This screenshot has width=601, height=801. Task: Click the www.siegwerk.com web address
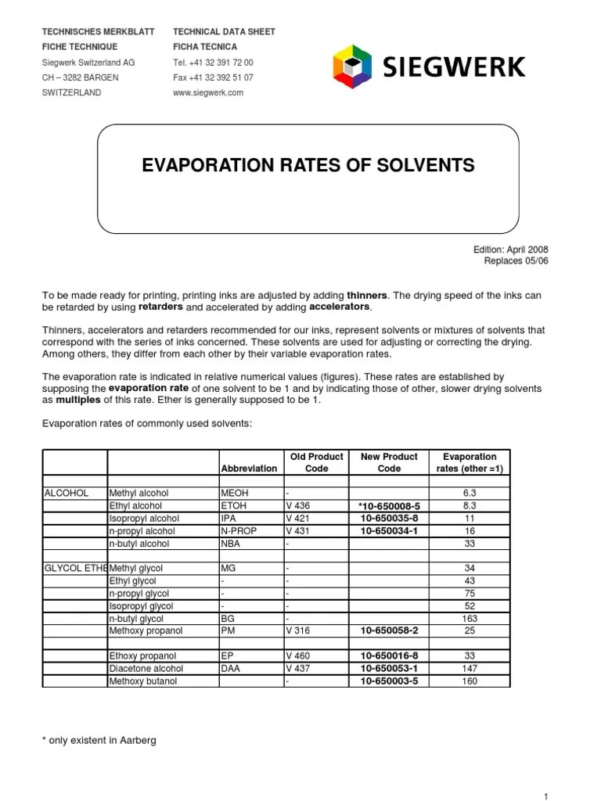[208, 92]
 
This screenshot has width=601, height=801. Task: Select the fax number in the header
[213, 77]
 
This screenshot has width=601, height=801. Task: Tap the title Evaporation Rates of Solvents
[308, 165]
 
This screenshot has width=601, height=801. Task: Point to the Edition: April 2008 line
[510, 250]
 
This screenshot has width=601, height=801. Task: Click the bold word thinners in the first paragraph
[367, 295]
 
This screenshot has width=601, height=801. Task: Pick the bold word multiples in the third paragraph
[78, 400]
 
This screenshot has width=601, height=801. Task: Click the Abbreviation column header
[249, 469]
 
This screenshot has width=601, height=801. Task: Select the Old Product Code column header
[317, 462]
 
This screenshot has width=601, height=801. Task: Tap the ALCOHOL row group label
[67, 494]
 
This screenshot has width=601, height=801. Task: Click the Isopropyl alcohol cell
[144, 519]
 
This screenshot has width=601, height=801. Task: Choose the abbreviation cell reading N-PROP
[238, 531]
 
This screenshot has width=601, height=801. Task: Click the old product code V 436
[298, 506]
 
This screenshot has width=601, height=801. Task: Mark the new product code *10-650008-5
[389, 506]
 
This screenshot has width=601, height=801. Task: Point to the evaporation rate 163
[470, 619]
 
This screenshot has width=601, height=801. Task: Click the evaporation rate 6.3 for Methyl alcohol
[470, 494]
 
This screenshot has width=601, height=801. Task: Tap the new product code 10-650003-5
[389, 681]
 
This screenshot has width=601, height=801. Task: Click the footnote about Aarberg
[99, 740]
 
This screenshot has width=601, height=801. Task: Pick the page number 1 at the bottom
[545, 796]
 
